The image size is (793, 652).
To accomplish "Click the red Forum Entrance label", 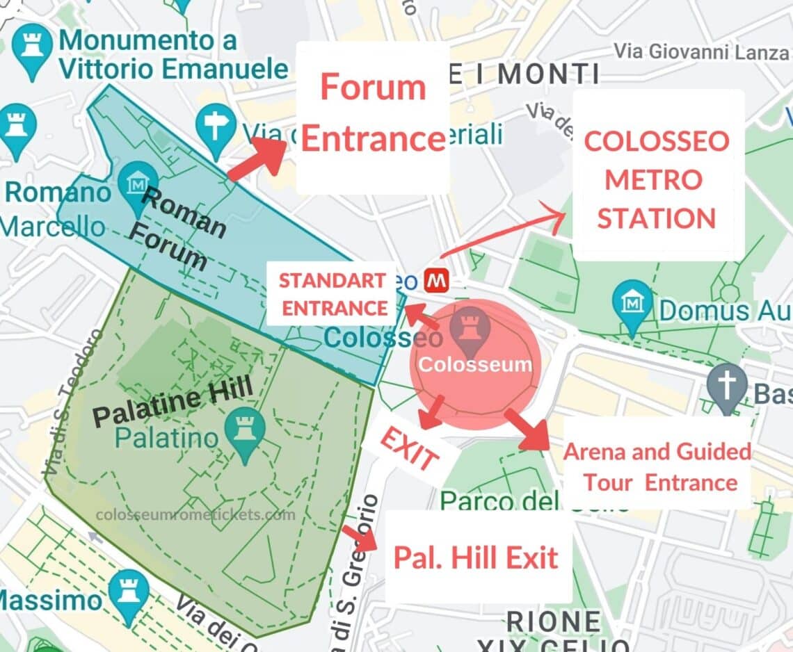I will pyautogui.click(x=373, y=115).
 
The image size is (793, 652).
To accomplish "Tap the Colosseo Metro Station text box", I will pyautogui.click(x=657, y=179).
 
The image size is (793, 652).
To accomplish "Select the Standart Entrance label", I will pyautogui.click(x=333, y=295).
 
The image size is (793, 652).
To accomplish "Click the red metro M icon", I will pyautogui.click(x=436, y=280).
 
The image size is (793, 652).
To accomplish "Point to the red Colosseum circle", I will pyautogui.click(x=475, y=366).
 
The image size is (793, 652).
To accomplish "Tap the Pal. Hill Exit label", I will pyautogui.click(x=476, y=557).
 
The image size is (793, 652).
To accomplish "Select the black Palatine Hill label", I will pyautogui.click(x=173, y=406).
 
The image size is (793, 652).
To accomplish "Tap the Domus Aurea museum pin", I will pyautogui.click(x=632, y=304).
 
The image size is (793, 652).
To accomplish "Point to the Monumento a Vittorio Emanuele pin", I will pyautogui.click(x=31, y=49).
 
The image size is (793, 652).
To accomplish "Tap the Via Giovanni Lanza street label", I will pyautogui.click(x=702, y=51).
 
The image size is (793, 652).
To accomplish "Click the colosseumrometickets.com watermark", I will pyautogui.click(x=195, y=515).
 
